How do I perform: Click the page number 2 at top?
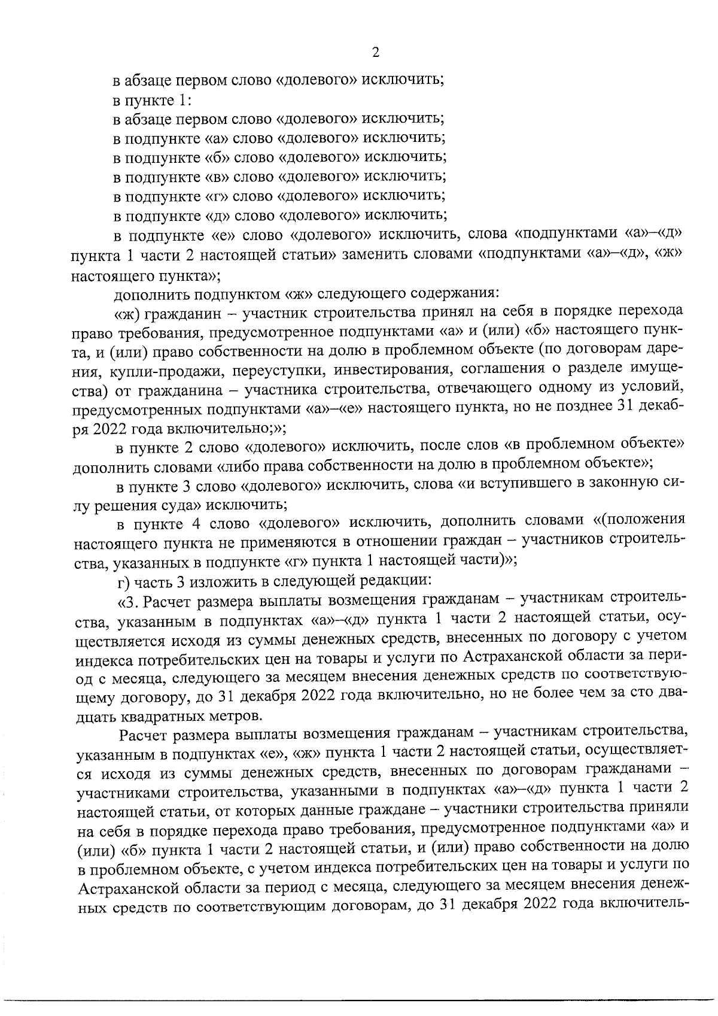point(375,53)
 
